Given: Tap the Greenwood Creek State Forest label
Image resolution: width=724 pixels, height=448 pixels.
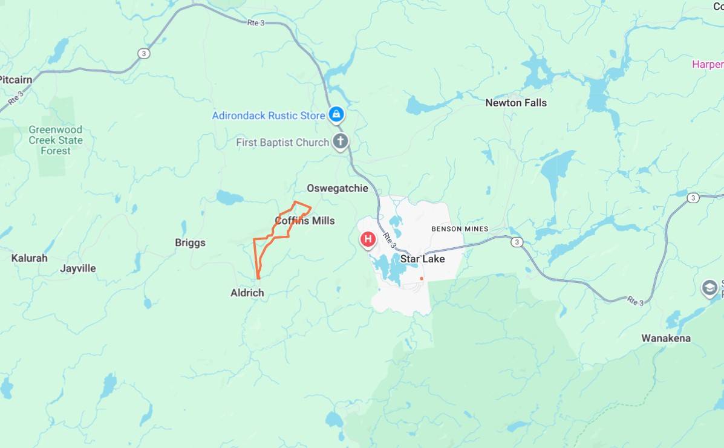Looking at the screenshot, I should click(55, 140).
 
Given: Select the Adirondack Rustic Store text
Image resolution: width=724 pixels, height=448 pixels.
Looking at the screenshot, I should click(268, 115).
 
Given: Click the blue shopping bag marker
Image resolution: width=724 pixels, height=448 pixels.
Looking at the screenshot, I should click(336, 114).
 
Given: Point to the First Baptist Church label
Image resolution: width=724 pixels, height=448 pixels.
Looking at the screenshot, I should click(282, 143).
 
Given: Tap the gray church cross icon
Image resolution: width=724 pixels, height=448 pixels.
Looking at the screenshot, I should click(341, 143).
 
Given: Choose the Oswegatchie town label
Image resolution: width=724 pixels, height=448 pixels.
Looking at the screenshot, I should click(337, 188).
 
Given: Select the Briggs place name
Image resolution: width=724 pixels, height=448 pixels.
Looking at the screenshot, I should click(190, 243).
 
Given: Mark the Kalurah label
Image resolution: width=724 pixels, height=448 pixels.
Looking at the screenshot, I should click(29, 258).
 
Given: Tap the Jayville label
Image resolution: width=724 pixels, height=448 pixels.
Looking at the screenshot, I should click(78, 268).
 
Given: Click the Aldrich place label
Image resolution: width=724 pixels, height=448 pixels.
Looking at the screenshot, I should click(247, 293).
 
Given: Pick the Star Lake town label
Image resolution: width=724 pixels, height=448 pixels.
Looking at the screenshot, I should click(422, 259).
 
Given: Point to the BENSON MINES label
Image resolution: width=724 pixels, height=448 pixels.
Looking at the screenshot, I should click(460, 229).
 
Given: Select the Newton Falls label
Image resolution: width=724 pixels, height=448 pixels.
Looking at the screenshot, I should click(515, 103).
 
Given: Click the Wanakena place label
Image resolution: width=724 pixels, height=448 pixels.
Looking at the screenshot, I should click(666, 338).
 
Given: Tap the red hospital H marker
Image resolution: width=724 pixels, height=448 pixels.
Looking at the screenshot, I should click(367, 239).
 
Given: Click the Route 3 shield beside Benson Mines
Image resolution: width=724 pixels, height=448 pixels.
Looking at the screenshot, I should click(516, 242).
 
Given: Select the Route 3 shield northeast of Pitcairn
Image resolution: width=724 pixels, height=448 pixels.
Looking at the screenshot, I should click(143, 53).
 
